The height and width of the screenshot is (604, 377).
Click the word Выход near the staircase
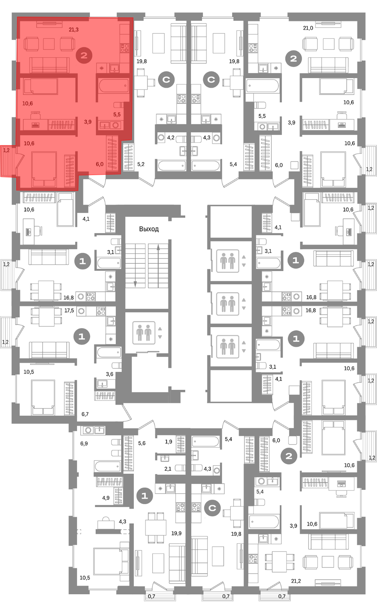(x=149, y=229)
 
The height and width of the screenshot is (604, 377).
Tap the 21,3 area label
(x=74, y=30)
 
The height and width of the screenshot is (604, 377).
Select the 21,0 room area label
(x=308, y=28)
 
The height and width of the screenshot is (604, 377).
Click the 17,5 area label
(x=69, y=310)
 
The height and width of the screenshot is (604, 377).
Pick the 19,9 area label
(x=176, y=533)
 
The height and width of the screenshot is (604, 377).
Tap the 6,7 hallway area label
(x=85, y=414)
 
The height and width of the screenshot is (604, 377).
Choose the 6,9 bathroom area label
(x=84, y=443)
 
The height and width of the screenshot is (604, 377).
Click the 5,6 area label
(x=142, y=443)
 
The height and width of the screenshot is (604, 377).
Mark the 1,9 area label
(x=169, y=442)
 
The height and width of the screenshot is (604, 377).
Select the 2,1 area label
(x=168, y=469)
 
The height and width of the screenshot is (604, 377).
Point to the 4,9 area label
(x=106, y=498)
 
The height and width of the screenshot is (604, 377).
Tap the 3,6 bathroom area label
(x=110, y=374)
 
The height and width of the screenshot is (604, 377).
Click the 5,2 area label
(x=141, y=164)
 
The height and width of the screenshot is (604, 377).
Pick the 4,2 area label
(x=170, y=138)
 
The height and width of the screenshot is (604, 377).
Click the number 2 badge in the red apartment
(x=84, y=55)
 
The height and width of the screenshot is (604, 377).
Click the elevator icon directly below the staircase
(x=144, y=332)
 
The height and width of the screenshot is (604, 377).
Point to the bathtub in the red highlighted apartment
(x=113, y=86)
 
